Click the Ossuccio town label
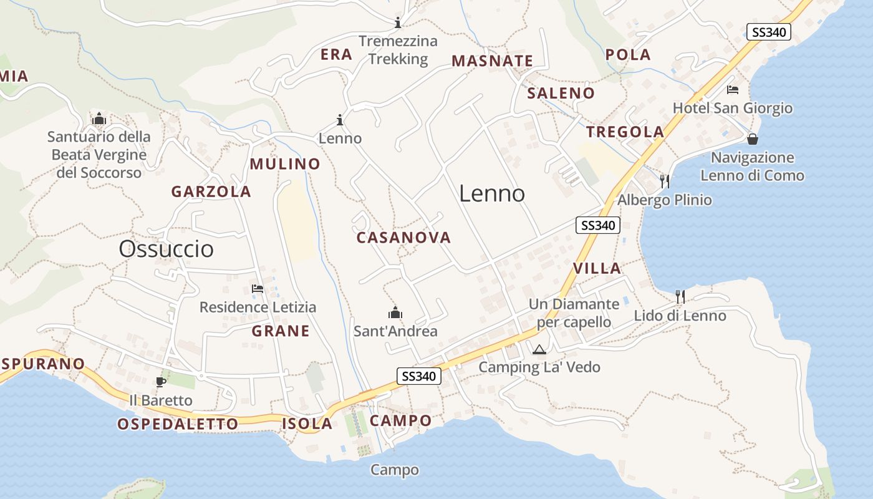coord(166,249)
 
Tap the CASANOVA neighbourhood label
coord(403,238)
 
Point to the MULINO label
coord(285,164)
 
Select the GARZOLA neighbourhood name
coord(211,191)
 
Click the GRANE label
coord(281,331)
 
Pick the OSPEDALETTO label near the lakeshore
coord(178,424)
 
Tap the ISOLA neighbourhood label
coord(307,424)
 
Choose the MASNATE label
coord(493,61)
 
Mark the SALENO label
coord(561,94)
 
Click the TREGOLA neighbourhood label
coord(625,132)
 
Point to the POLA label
coord(628,55)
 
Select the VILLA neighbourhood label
coord(597,269)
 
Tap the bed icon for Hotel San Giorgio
coord(733,90)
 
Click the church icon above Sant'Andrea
coord(395,312)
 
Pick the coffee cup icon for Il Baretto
coord(161,382)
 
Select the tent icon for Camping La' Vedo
coord(539,349)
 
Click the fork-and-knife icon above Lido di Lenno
coord(680,297)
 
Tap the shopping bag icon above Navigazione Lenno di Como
coord(753,138)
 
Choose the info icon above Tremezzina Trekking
coord(398,23)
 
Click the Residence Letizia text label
coord(258,308)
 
